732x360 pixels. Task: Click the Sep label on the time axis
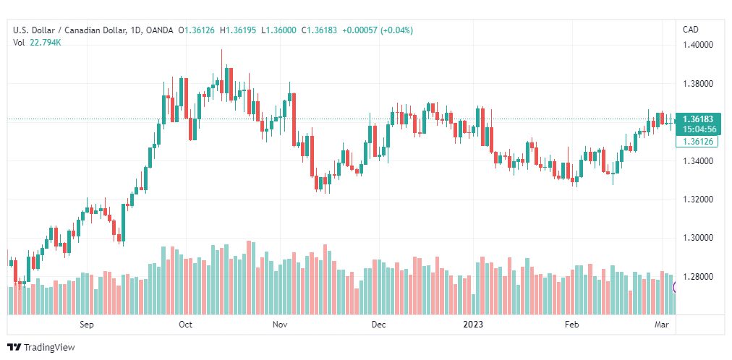pyautogui.click(x=87, y=325)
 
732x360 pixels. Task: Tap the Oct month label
pyautogui.click(x=185, y=325)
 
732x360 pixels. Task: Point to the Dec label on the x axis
pyautogui.click(x=378, y=325)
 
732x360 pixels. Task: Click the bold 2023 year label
pyautogui.click(x=473, y=325)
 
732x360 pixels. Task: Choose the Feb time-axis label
pyautogui.click(x=572, y=325)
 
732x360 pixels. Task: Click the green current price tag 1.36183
pyautogui.click(x=699, y=119)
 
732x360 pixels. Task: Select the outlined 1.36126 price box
pyautogui.click(x=699, y=141)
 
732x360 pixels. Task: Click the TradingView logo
pyautogui.click(x=41, y=348)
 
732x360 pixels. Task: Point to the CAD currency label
pyautogui.click(x=691, y=30)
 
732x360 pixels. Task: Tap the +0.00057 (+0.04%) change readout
pyautogui.click(x=378, y=30)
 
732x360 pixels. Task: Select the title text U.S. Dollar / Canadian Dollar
pyautogui.click(x=69, y=30)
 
